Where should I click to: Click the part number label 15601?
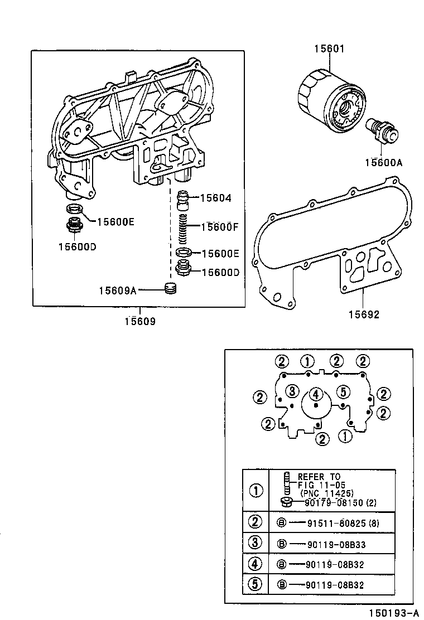[329, 49]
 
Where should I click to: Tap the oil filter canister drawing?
[326, 104]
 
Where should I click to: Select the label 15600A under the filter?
[383, 162]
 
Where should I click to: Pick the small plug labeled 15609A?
[171, 289]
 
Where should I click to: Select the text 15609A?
[118, 290]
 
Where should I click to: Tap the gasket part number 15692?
[364, 314]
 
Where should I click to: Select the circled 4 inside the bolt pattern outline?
[316, 394]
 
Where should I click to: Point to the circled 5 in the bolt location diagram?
[343, 391]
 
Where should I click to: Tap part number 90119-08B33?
[335, 544]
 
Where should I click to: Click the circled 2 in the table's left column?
[255, 522]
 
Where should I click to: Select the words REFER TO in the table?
[319, 477]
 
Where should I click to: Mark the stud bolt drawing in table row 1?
[287, 483]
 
